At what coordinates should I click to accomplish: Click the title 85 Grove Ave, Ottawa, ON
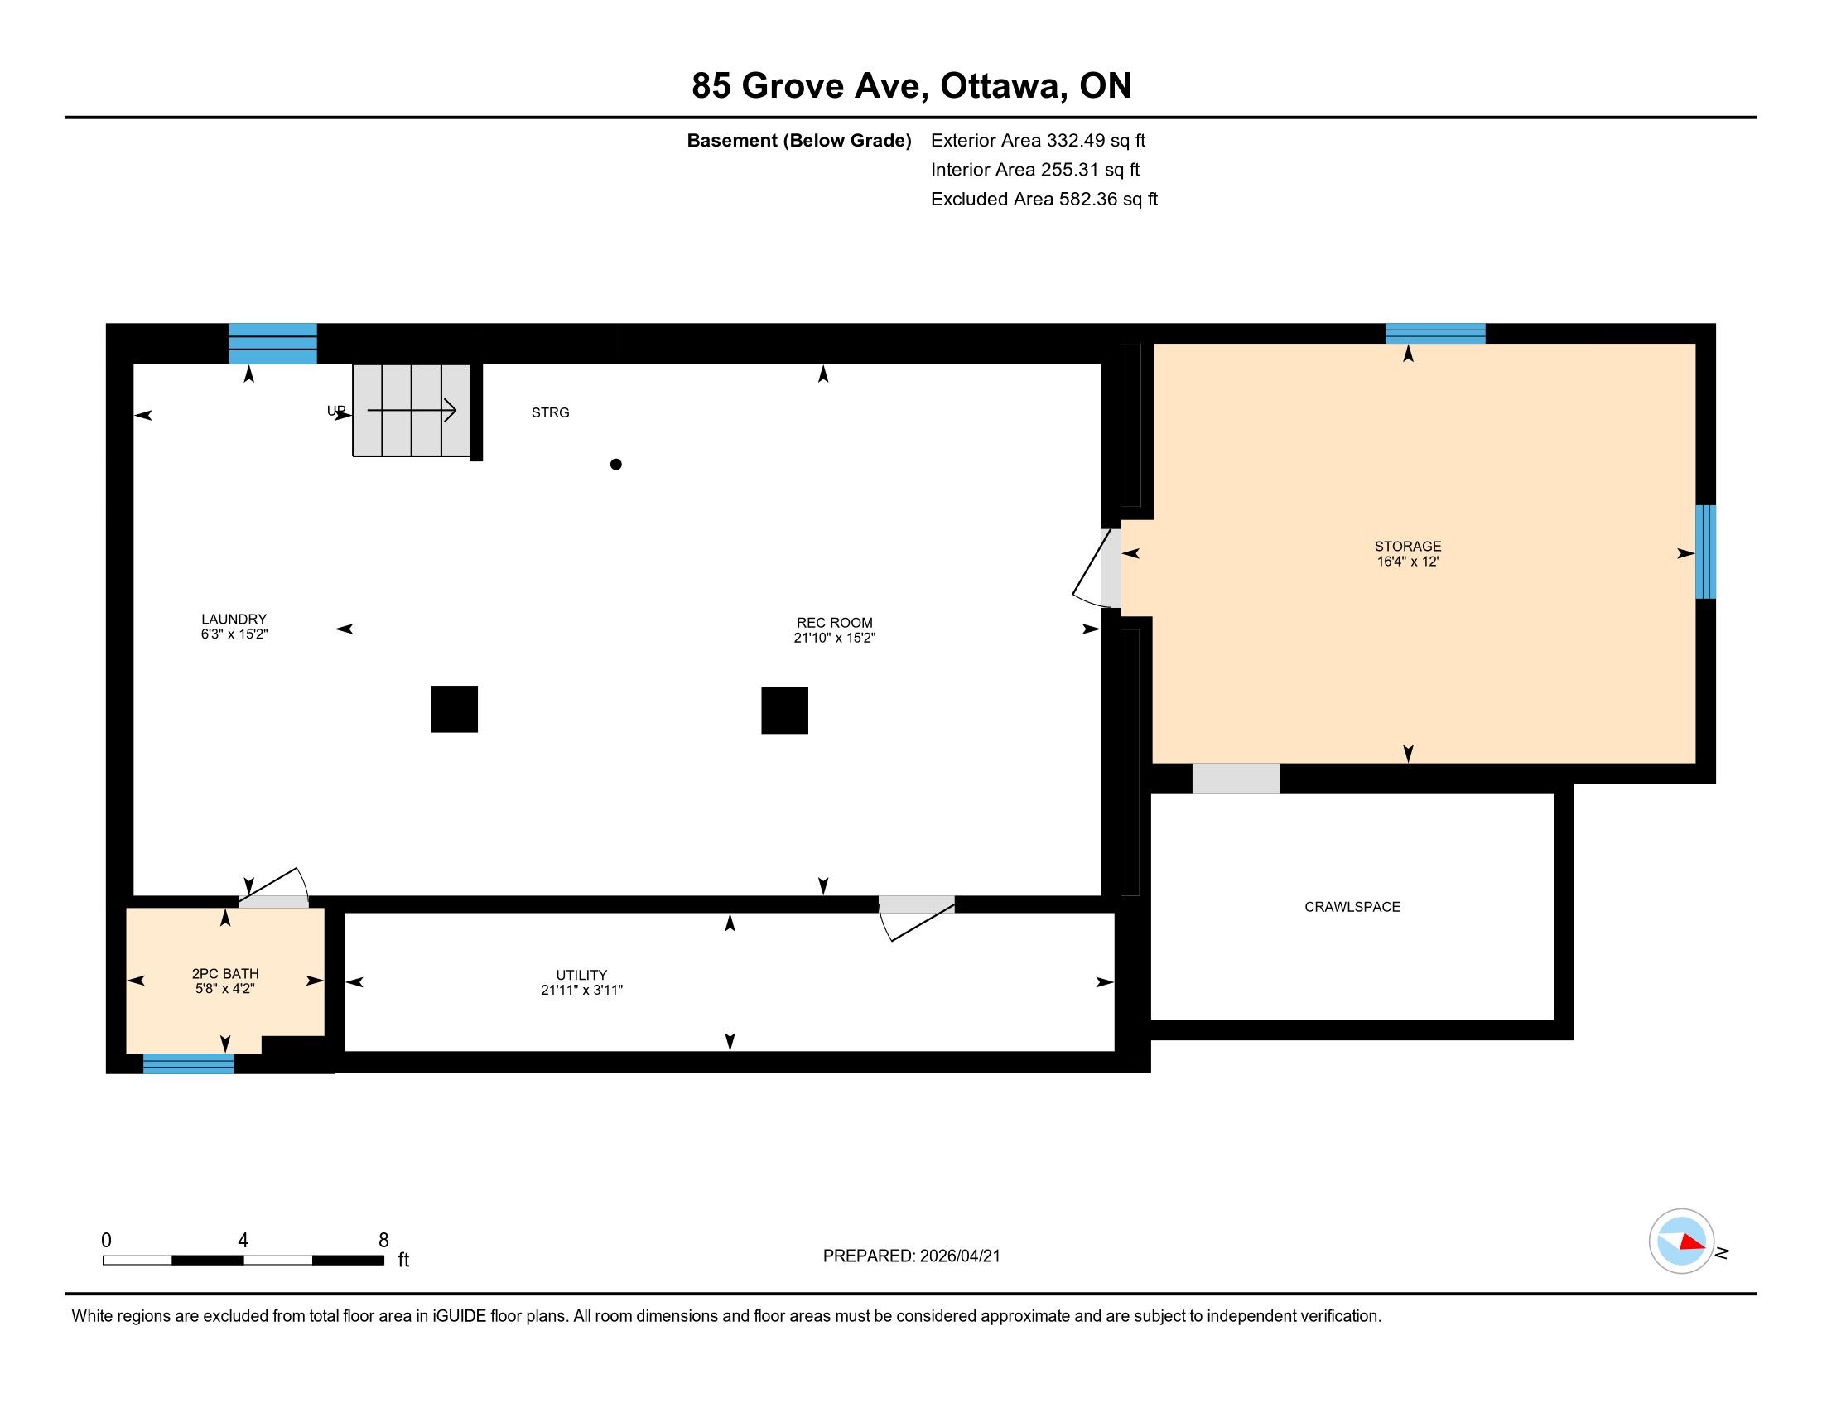(911, 86)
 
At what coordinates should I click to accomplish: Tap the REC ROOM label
(834, 623)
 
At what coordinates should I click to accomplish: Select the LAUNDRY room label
(234, 619)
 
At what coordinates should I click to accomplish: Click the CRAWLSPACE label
(1352, 907)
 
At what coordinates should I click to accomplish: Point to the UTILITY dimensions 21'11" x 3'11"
(581, 990)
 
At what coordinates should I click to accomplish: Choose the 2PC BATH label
(225, 973)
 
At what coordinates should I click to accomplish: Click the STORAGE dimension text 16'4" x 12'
(1407, 562)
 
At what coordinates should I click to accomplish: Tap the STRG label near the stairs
(551, 412)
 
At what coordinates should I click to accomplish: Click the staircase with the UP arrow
(412, 410)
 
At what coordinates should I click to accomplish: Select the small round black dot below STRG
(615, 465)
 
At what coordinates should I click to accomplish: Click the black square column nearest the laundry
(454, 709)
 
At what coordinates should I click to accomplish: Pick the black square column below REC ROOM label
(784, 711)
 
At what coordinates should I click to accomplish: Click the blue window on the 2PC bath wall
(189, 1063)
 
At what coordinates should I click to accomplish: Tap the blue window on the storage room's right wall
(1705, 552)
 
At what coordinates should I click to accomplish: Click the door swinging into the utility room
(916, 919)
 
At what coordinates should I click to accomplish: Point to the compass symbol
(1681, 1242)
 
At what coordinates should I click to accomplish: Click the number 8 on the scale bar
(383, 1241)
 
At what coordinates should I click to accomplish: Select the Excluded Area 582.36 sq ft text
(1044, 200)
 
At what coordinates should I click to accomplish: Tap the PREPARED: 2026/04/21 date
(911, 1256)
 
